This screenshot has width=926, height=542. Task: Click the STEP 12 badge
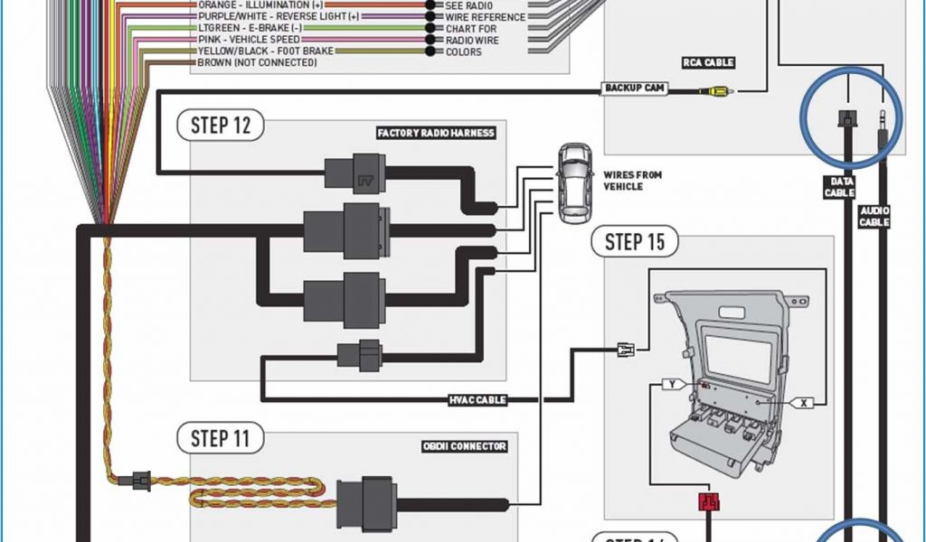point(221,125)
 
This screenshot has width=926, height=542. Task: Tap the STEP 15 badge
point(635,241)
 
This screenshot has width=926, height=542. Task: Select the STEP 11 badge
point(221,439)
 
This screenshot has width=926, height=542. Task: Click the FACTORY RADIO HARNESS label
point(436,133)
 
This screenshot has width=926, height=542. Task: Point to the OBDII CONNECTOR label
point(464,445)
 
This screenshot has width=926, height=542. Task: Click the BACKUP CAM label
point(636,88)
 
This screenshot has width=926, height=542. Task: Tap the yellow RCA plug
point(718,90)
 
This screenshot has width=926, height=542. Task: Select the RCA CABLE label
point(708,62)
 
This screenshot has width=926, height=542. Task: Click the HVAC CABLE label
point(477,399)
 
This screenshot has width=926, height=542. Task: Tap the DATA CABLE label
point(839,187)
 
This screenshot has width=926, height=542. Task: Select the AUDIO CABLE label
point(874,216)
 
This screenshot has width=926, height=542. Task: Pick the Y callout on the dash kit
point(672,384)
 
